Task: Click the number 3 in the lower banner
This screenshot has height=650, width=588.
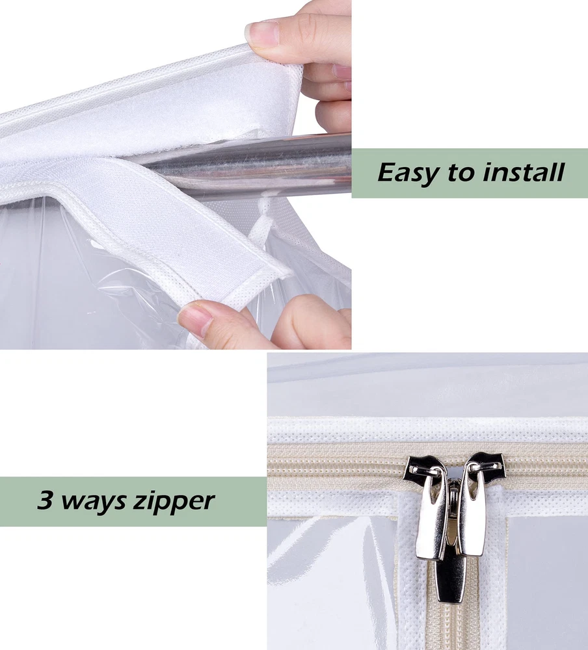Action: [x=46, y=500]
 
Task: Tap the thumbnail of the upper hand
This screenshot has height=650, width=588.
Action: [x=262, y=34]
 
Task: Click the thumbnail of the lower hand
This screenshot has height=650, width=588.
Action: [x=195, y=318]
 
